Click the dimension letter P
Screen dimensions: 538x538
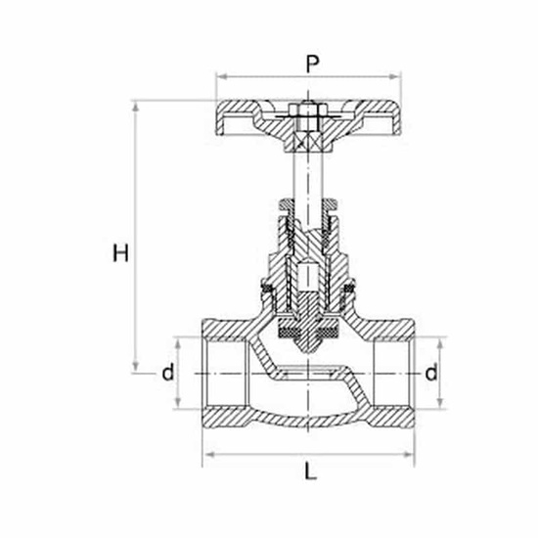312,65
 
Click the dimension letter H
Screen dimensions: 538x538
120,253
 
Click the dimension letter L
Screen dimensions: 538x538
310,471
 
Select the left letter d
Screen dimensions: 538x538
168,372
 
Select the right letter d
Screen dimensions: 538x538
431,372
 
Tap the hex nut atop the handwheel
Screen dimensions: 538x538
308,111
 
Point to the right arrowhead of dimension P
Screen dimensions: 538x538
394,77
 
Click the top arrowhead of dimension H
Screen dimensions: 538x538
136,107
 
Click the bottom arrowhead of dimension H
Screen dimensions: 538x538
136,367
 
